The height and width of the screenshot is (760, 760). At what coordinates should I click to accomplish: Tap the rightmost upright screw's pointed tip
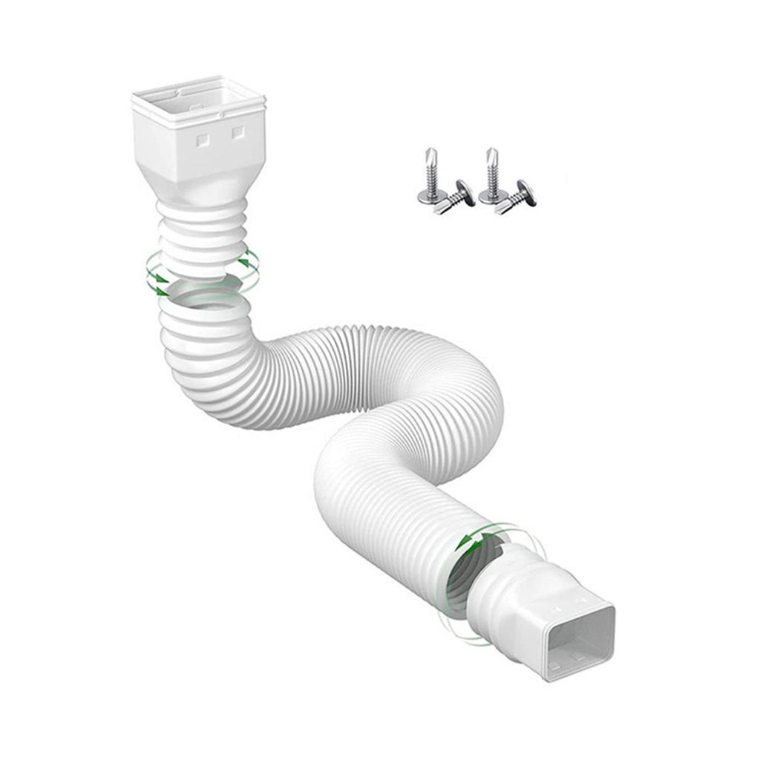pyautogui.click(x=492, y=154)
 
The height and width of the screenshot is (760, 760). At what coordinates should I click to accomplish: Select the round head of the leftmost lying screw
pyautogui.click(x=465, y=192)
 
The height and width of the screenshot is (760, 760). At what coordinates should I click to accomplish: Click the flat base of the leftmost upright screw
pyautogui.click(x=428, y=197)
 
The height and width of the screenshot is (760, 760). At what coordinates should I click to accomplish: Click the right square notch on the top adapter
pyautogui.click(x=238, y=132)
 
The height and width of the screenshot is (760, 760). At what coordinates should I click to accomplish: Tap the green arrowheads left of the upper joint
pyautogui.click(x=156, y=278)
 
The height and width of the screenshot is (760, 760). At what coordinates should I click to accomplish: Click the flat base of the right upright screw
pyautogui.click(x=489, y=197)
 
